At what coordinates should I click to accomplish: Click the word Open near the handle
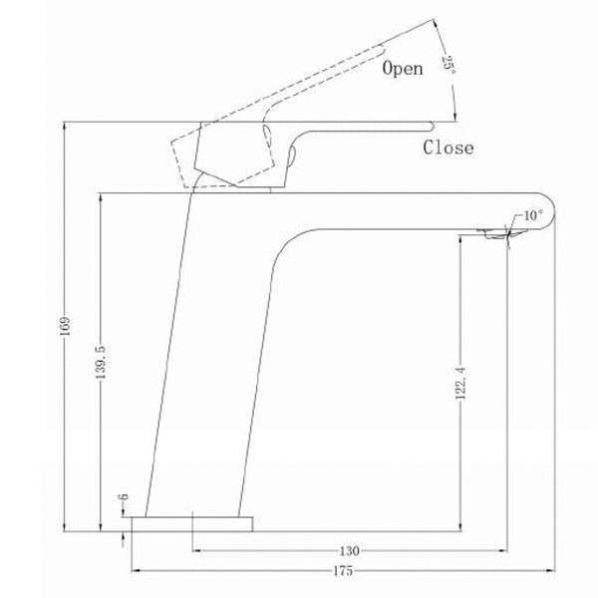click(x=403, y=69)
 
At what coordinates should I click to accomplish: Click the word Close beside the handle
click(x=448, y=149)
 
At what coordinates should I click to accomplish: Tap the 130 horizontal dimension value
click(x=348, y=550)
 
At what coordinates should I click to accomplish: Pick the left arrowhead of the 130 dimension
click(x=195, y=549)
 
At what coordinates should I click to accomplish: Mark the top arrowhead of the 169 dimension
click(x=65, y=126)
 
